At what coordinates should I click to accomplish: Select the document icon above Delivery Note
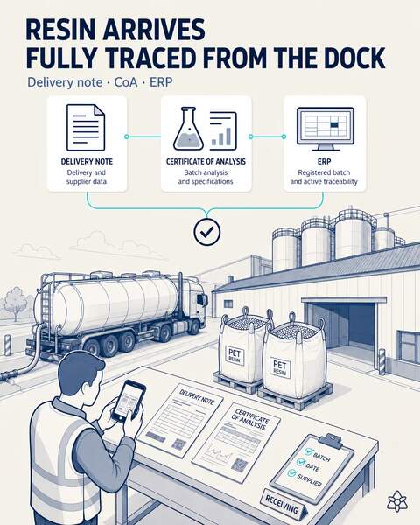pyautogui.click(x=86, y=128)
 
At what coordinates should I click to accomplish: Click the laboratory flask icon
pyautogui.click(x=188, y=129)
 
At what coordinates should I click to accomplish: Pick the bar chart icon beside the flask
pyautogui.click(x=223, y=129)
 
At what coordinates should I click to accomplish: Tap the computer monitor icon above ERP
pyautogui.click(x=325, y=129)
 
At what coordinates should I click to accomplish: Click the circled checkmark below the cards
pyautogui.click(x=207, y=231)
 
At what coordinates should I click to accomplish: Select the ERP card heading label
pyautogui.click(x=325, y=161)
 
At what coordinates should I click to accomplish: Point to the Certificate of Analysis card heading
pyautogui.click(x=206, y=161)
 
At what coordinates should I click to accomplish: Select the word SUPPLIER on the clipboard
pyautogui.click(x=309, y=480)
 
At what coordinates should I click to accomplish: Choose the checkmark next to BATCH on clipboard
pyautogui.click(x=309, y=451)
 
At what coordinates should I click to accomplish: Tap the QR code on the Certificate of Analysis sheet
pyautogui.click(x=239, y=465)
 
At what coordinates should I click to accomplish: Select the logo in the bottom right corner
pyautogui.click(x=397, y=501)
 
